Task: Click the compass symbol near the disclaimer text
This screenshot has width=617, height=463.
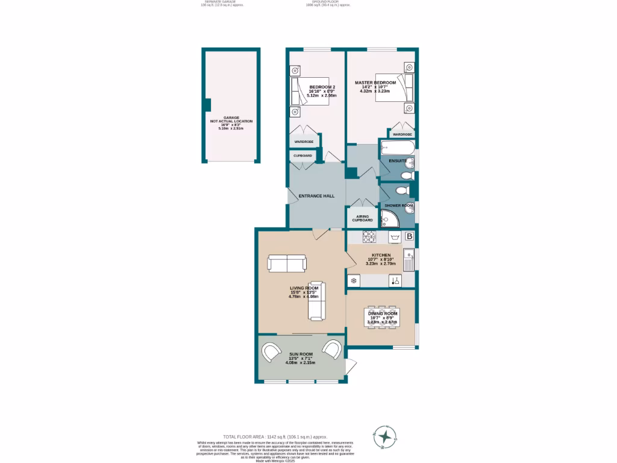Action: point(383,435)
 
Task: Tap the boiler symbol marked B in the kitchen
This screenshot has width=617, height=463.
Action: point(409,236)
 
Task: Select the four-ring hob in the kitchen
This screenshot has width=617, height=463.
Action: point(369,236)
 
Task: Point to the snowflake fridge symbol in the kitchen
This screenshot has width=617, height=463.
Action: point(354,280)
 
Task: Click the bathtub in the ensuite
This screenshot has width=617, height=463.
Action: point(396,148)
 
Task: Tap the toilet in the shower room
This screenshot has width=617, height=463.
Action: point(402,191)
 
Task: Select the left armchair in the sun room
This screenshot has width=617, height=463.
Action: point(271,351)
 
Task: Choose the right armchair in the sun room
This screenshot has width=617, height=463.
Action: point(332,350)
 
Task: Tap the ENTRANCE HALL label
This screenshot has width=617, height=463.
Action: point(316,196)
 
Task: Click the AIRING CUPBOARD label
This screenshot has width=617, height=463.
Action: point(362,218)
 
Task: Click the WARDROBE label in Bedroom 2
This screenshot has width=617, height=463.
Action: point(304,142)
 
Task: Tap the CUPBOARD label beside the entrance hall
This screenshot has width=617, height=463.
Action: point(302,156)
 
